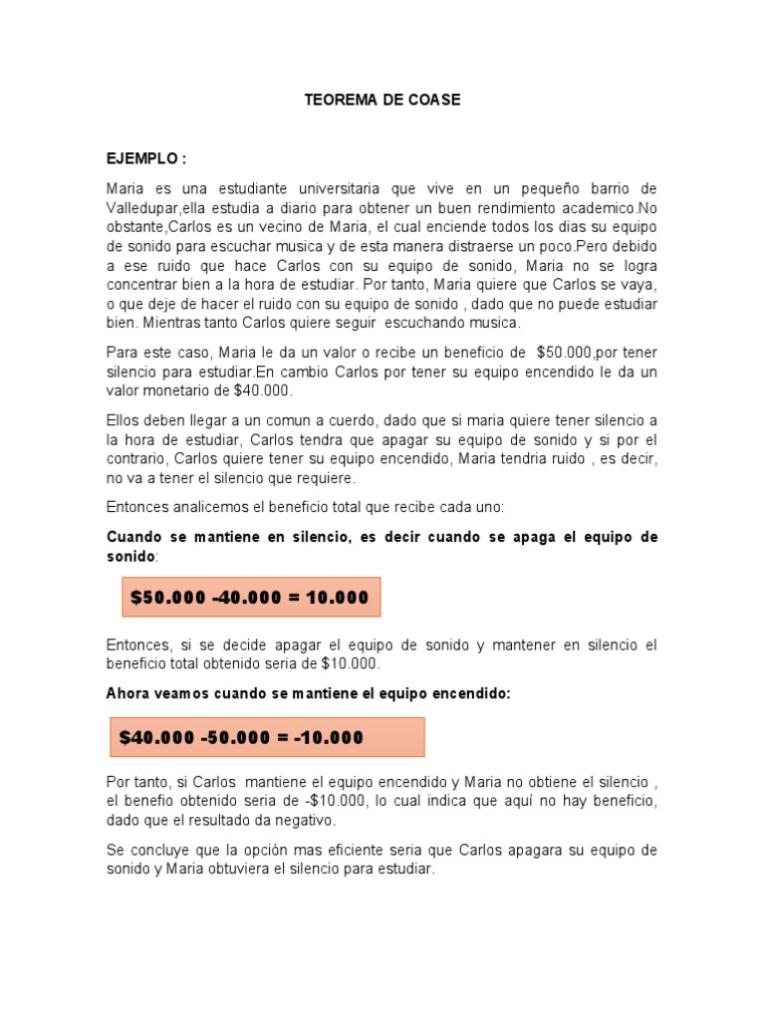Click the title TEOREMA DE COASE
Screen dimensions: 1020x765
[x=382, y=101]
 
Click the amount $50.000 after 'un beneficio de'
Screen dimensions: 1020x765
[x=566, y=352]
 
